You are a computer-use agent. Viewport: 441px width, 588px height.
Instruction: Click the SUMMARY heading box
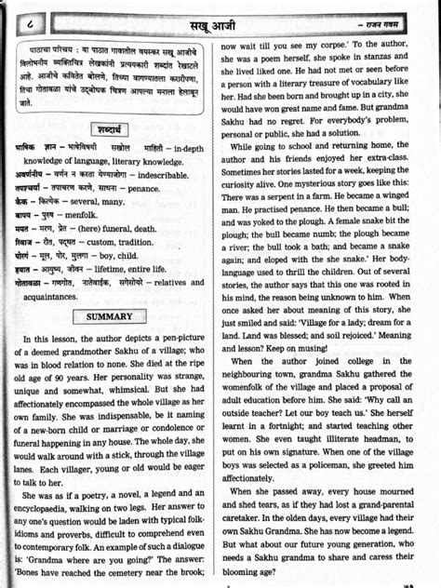(x=111, y=316)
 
